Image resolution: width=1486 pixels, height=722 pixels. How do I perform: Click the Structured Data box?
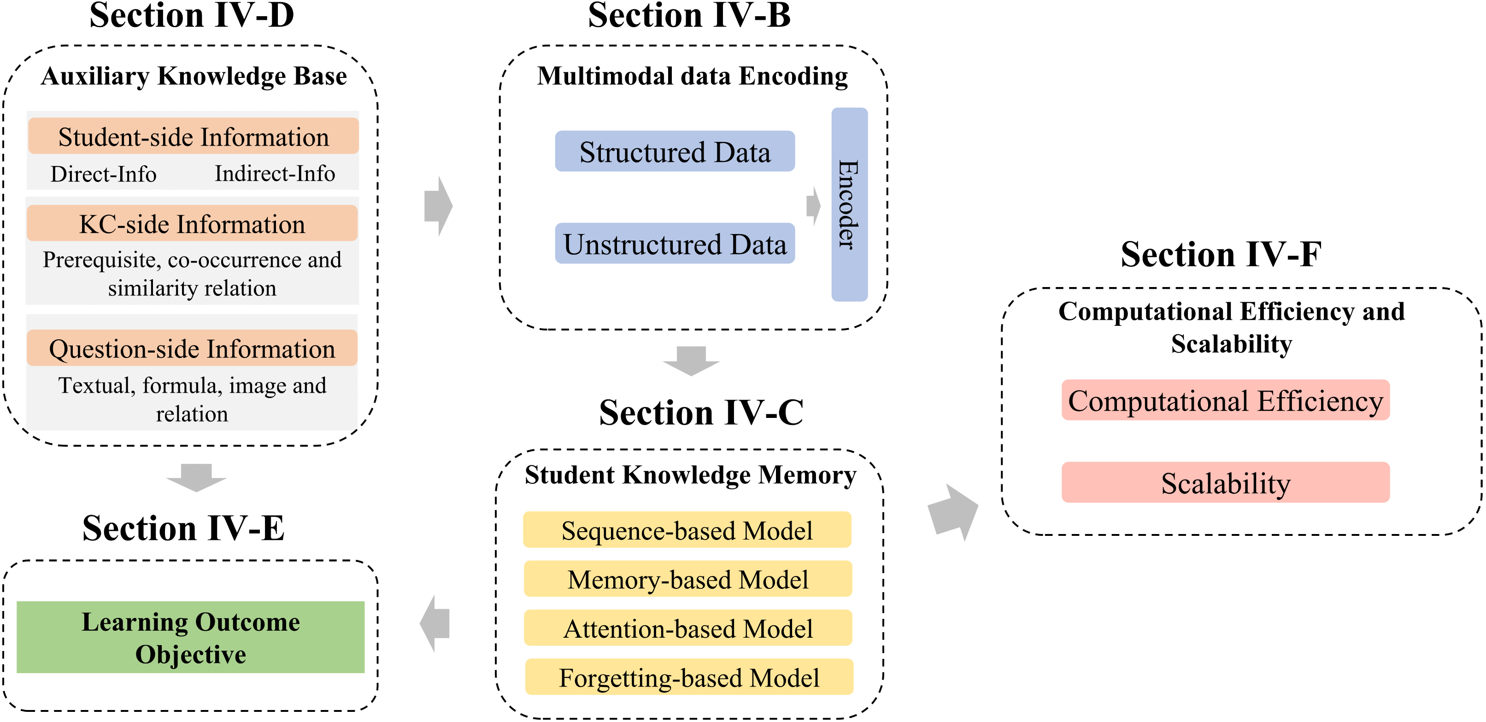675,151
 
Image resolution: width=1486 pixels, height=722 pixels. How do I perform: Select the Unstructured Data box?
675,243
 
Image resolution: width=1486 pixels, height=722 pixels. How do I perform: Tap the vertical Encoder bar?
849,204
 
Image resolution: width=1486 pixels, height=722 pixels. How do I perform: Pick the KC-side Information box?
192,223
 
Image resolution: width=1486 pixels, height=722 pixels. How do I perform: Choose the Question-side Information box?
192,348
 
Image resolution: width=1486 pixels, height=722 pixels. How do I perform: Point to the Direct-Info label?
103,174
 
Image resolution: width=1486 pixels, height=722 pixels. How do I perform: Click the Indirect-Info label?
275,173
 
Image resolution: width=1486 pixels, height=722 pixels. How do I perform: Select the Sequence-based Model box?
687,530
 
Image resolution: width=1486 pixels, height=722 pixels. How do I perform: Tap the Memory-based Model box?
687,579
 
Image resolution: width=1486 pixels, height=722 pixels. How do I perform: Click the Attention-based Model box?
687,628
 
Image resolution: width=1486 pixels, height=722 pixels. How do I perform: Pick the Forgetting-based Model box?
689,677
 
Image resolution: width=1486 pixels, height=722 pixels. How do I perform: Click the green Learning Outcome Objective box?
190,637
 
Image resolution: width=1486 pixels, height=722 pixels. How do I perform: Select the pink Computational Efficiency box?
1225,400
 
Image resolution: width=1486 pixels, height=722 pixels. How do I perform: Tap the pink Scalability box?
1225,483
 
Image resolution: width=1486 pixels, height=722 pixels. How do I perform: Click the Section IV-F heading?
1221,254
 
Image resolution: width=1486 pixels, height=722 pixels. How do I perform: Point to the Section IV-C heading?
701,412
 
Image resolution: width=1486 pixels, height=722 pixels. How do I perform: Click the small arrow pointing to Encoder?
813,205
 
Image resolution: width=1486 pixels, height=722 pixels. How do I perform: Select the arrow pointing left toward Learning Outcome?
435,623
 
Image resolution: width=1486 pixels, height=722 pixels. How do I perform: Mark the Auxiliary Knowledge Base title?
194,76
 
